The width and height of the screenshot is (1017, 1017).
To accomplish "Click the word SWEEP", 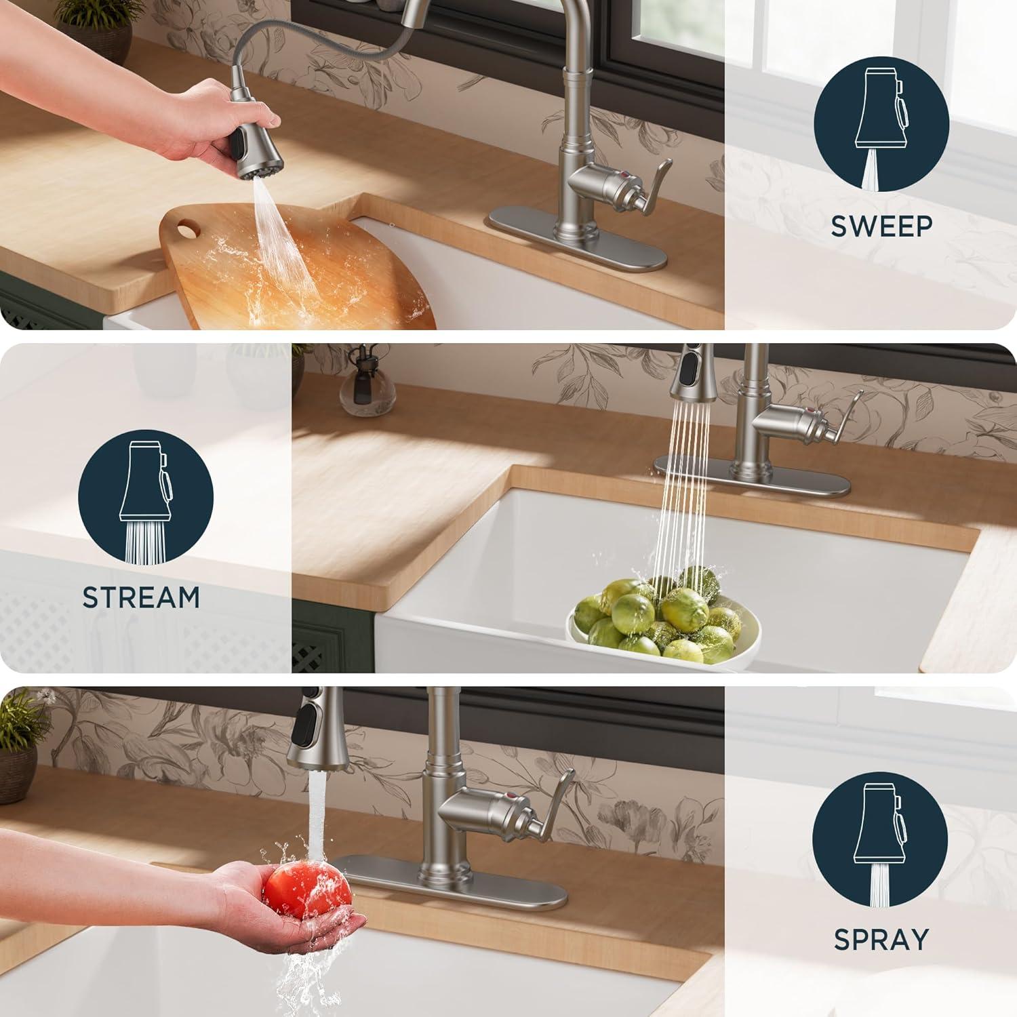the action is tap(881, 226).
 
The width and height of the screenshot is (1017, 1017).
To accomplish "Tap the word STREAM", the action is tap(141, 597).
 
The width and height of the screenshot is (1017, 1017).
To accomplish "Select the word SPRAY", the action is tap(881, 940).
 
